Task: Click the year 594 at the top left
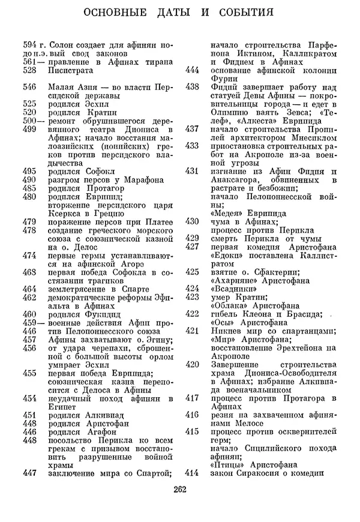30,45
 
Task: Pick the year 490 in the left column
30,179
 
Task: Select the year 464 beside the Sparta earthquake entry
30,289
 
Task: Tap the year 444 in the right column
193,70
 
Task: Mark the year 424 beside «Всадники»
193,289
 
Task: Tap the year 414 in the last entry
193,473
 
